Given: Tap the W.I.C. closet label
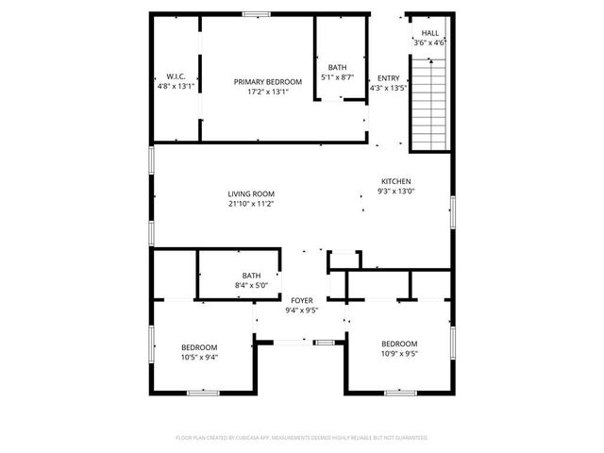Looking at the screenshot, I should pos(175,76).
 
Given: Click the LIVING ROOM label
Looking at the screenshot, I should pos(251,193).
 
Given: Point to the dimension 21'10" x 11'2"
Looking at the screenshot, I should pos(251,204).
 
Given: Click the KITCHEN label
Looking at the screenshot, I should pos(395,181).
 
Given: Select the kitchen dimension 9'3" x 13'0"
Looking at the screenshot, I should pos(396,192).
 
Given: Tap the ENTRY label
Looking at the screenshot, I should pos(388,78).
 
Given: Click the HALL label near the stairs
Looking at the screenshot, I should pos(429,33).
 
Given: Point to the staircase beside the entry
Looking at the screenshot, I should pos(428,104).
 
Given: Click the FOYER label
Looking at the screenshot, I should pos(302,300).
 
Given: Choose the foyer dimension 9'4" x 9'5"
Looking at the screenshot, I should pos(302,310).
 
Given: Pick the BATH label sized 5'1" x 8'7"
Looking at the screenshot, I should pos(337,67).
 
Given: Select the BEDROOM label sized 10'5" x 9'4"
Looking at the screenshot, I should pos(199,346).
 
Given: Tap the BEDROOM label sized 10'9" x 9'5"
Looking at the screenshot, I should pos(399,344).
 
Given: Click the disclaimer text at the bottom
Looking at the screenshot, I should pos(302,438).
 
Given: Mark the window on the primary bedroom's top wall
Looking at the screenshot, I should pos(255,13).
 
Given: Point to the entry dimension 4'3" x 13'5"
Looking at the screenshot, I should pos(388,89).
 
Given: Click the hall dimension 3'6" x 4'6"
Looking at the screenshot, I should pos(429,43).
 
